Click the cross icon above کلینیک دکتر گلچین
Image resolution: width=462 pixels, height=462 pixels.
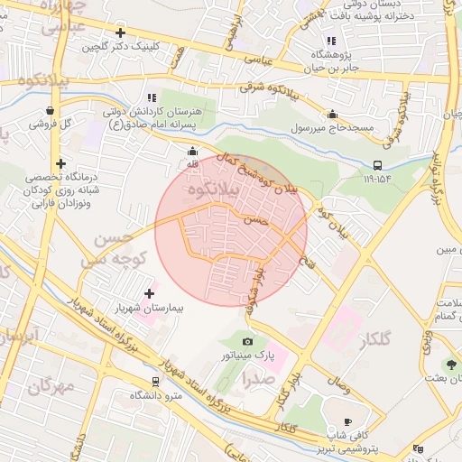(120, 32)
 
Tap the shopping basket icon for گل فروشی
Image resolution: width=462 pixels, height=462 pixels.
(48, 111)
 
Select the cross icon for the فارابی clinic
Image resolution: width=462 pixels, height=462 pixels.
(60, 164)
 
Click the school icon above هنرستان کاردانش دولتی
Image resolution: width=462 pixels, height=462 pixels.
(152, 97)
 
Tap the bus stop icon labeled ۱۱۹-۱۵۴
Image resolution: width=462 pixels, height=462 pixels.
(376, 165)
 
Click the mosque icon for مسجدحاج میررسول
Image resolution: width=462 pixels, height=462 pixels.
(332, 115)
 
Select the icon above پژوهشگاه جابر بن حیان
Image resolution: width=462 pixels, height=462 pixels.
(331, 40)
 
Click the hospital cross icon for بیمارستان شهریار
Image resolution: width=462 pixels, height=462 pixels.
(150, 293)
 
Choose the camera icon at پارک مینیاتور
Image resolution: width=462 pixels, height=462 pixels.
(248, 341)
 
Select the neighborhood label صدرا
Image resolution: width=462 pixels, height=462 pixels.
(255, 379)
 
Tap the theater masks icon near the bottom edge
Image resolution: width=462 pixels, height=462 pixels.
(417, 448)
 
